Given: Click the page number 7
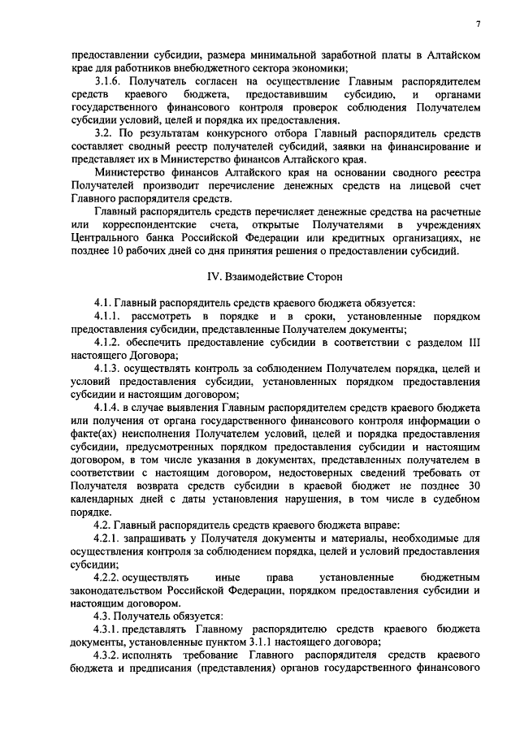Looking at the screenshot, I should (x=478, y=24).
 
